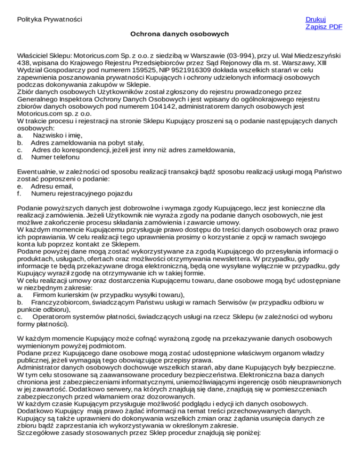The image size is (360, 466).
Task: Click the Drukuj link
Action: (315, 19)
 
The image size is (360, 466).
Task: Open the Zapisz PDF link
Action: (323, 27)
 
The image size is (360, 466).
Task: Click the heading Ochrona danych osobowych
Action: (180, 34)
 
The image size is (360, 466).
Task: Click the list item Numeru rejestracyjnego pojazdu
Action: (82, 194)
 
